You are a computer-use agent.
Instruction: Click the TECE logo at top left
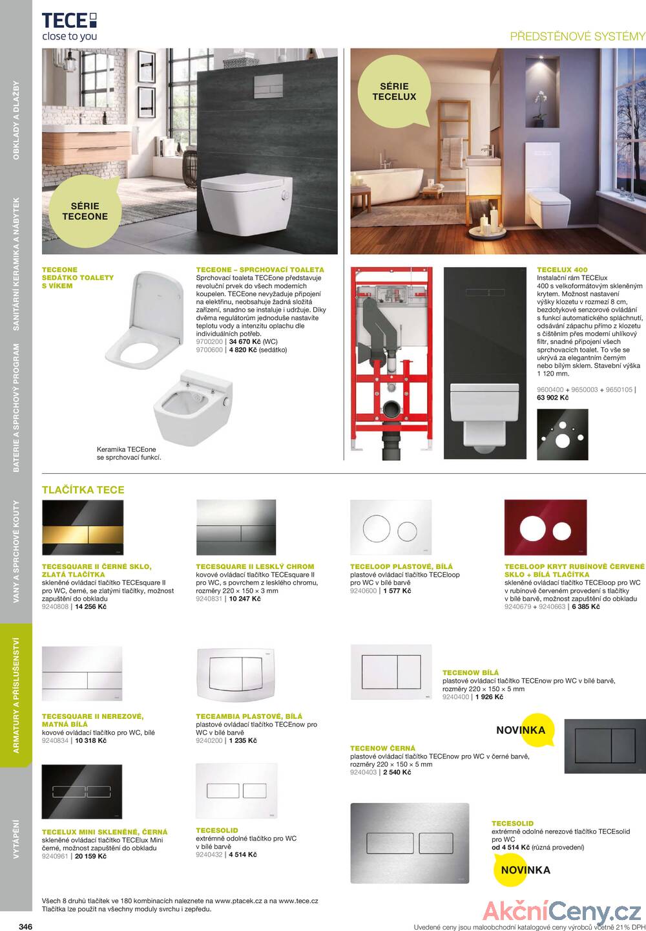point(69,26)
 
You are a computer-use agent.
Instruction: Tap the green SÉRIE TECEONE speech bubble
point(85,208)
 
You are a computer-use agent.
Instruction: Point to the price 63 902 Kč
point(553,398)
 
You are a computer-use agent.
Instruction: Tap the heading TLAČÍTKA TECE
point(83,490)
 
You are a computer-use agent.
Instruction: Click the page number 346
point(26,926)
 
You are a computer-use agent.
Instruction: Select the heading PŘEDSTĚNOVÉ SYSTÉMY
point(578,36)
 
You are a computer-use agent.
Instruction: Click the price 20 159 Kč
point(91,856)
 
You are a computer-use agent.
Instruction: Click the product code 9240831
point(209,599)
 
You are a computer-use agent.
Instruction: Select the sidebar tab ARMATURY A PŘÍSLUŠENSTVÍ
point(16,695)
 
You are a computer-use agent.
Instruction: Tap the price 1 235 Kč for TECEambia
point(243,740)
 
